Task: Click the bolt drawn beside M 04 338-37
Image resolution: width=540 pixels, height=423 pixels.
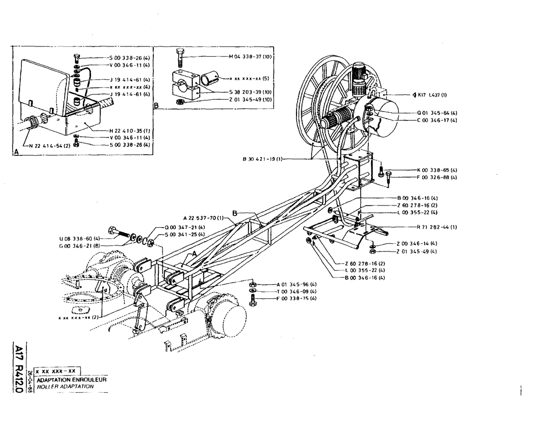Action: click(x=180, y=57)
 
